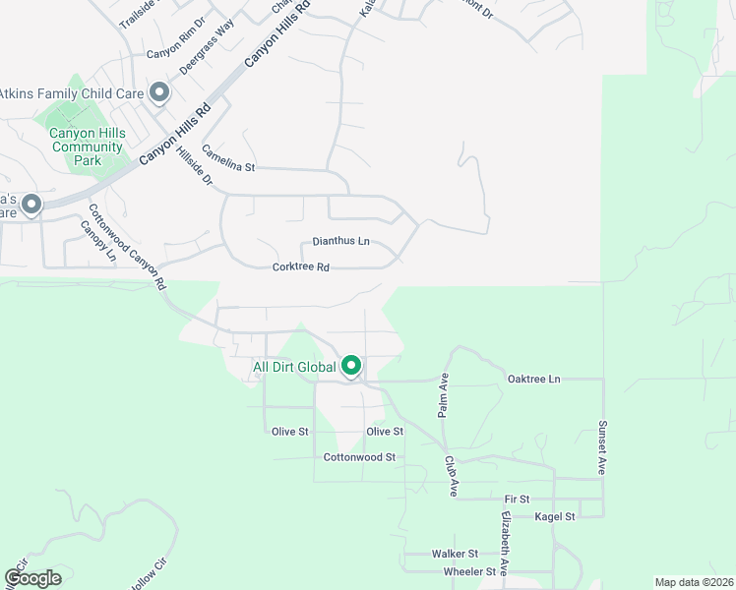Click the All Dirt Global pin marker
point(351,367)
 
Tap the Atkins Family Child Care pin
point(159,93)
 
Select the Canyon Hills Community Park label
point(89,147)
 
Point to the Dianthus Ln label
point(340,241)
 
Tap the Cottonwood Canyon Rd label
point(127,246)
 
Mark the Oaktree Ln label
point(533,379)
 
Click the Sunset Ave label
point(603,448)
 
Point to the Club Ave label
point(453,475)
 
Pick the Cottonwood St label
point(359,457)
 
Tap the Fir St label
point(517,500)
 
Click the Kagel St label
point(553,516)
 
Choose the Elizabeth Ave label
point(506,543)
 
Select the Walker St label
point(455,555)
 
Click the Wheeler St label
point(470,571)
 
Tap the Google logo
point(33,578)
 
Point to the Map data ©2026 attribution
point(694,582)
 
